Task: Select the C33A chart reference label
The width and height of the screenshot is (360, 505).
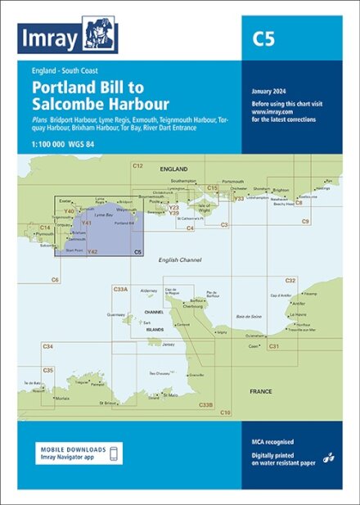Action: pyautogui.click(x=122, y=288)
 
